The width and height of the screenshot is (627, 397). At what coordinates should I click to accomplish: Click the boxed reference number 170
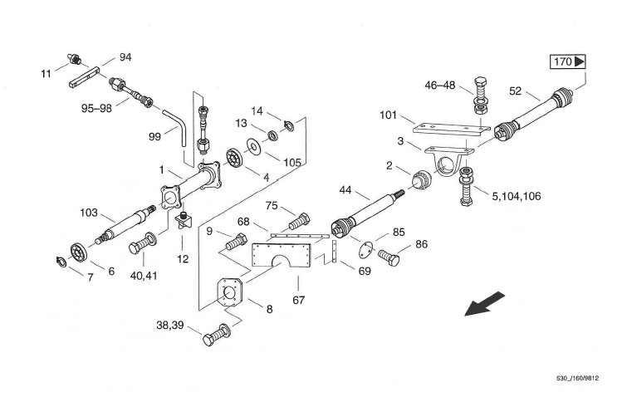pyautogui.click(x=568, y=62)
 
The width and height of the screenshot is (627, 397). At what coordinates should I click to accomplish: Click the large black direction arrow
pyautogui.click(x=484, y=304)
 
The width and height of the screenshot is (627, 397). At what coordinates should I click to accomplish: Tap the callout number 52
pyautogui.click(x=516, y=91)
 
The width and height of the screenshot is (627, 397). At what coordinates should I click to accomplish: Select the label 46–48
pyautogui.click(x=440, y=86)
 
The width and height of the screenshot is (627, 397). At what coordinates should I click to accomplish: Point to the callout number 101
pyautogui.click(x=389, y=115)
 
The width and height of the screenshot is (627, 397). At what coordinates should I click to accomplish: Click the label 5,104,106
pyautogui.click(x=517, y=196)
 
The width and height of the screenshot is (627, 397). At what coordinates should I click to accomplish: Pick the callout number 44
pyautogui.click(x=345, y=189)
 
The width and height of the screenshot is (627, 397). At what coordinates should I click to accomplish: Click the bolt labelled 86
pyautogui.click(x=389, y=257)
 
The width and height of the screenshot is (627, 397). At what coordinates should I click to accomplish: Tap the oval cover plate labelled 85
pyautogui.click(x=366, y=251)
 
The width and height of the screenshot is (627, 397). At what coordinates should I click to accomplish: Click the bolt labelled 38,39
pyautogui.click(x=217, y=335)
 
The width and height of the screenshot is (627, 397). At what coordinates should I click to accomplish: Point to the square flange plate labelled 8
pyautogui.click(x=229, y=292)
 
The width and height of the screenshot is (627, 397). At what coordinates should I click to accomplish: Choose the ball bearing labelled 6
pyautogui.click(x=78, y=252)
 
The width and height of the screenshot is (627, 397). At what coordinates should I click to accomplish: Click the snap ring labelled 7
pyautogui.click(x=61, y=262)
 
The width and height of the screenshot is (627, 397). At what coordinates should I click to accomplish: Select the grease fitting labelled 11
pyautogui.click(x=74, y=58)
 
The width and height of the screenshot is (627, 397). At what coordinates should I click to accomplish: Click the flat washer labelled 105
pyautogui.click(x=252, y=146)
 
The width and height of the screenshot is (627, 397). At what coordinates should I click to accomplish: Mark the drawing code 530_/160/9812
pyautogui.click(x=578, y=378)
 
